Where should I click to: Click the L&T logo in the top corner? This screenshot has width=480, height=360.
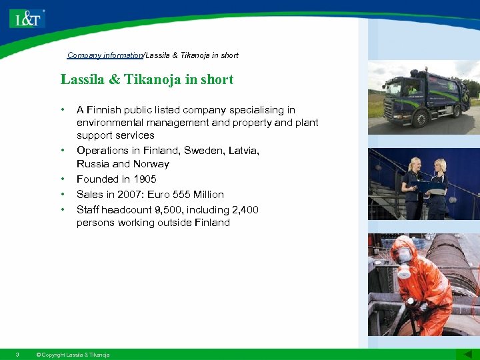[27, 18]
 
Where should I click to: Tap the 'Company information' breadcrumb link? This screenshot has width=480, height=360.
[105, 55]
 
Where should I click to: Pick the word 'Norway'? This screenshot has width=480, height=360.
[151, 164]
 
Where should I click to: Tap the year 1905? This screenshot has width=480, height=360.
[145, 179]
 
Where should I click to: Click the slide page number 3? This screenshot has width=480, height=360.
[17, 354]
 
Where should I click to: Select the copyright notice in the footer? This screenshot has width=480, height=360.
[73, 355]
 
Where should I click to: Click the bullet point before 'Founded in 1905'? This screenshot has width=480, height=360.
[63, 179]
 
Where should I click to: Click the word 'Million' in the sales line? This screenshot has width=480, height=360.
[209, 195]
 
